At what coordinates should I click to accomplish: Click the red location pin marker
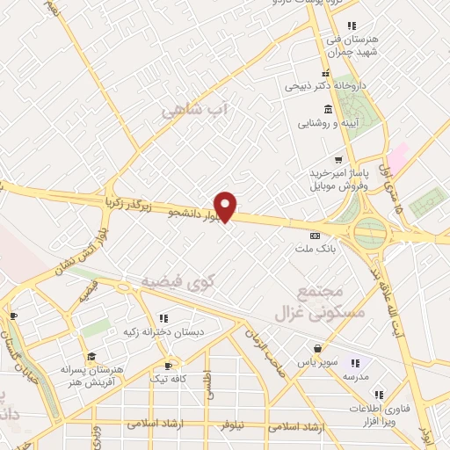(x=226, y=206)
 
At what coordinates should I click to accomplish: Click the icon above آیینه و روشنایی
(x=328, y=109)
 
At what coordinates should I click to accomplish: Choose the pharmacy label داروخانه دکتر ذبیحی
(x=319, y=87)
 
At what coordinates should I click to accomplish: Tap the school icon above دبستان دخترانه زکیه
(x=163, y=318)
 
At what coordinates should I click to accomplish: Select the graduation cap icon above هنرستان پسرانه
(x=91, y=356)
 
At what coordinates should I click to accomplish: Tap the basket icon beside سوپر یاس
(x=316, y=349)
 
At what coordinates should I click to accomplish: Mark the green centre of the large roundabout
(x=371, y=233)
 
